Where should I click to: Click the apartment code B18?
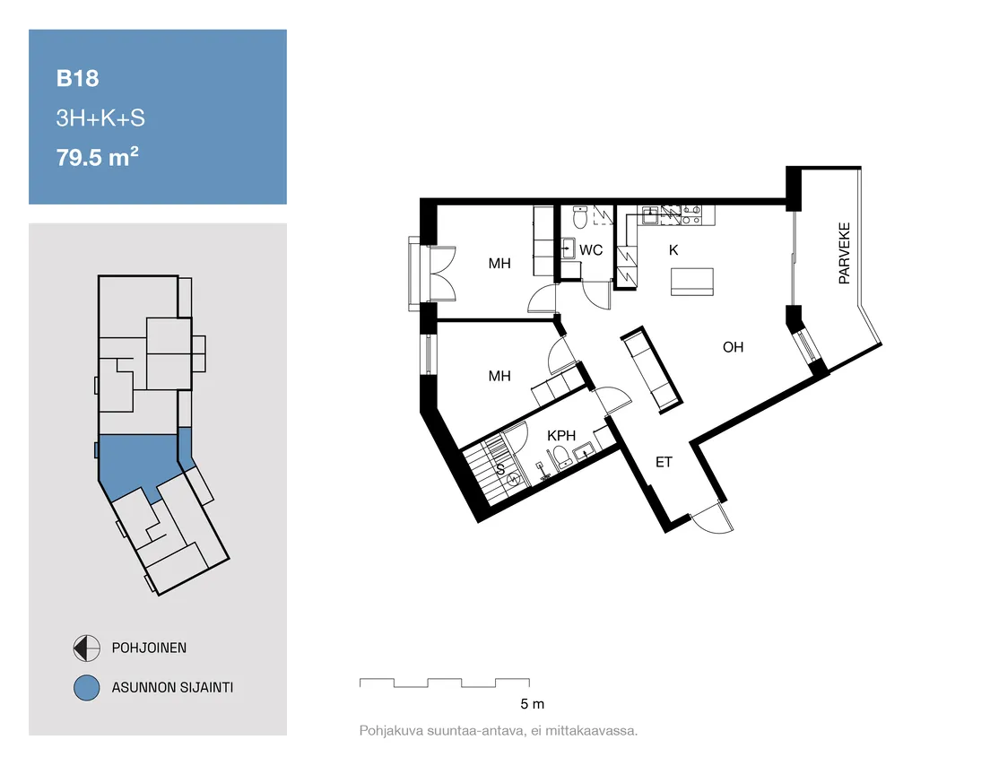tap(78, 78)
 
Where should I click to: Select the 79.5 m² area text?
tap(97, 157)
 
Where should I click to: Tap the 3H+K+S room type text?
tap(100, 118)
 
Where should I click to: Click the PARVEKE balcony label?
tap(844, 253)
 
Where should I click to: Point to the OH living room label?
tap(733, 347)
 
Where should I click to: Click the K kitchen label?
tap(673, 250)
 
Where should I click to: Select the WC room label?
tap(591, 250)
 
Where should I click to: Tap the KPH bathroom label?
tap(561, 436)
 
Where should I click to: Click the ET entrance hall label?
tap(664, 462)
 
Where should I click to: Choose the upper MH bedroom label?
tap(499, 264)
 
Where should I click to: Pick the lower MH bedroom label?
tap(499, 377)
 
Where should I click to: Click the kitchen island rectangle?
tap(692, 282)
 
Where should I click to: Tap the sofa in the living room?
tap(652, 370)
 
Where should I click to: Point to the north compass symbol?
tap(86, 648)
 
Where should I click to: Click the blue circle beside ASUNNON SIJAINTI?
tap(86, 688)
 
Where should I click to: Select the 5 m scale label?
tap(533, 703)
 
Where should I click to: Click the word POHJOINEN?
tap(149, 648)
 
